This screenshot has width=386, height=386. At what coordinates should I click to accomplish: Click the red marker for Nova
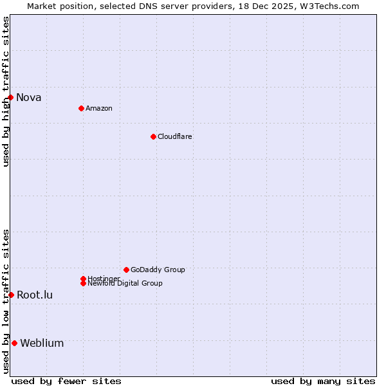click(11, 97)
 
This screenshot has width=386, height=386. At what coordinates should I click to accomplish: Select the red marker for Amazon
click(81, 108)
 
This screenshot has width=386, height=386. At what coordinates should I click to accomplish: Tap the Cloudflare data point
click(153, 136)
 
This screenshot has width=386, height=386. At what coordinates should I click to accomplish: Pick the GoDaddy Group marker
click(126, 270)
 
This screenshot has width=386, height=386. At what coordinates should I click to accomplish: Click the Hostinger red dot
click(83, 279)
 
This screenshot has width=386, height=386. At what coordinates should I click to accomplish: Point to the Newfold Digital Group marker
click(83, 283)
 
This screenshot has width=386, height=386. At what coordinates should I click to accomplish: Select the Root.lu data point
click(11, 295)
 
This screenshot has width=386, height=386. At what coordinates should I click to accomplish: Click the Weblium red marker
click(14, 343)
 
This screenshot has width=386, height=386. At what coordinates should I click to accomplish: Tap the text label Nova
click(29, 98)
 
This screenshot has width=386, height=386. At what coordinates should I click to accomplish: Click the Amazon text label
click(98, 108)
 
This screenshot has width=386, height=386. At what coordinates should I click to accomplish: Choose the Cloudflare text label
click(174, 136)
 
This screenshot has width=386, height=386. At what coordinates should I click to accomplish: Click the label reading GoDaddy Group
click(158, 270)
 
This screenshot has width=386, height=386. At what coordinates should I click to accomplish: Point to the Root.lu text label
click(35, 295)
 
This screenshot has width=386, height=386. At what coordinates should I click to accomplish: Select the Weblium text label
click(42, 344)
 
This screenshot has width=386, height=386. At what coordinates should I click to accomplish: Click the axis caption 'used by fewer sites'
click(66, 381)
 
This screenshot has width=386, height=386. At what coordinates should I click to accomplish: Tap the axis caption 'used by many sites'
click(323, 381)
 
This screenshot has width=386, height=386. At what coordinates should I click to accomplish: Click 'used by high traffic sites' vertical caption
click(6, 92)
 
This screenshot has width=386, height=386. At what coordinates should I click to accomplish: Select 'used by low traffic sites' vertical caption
click(6, 301)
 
